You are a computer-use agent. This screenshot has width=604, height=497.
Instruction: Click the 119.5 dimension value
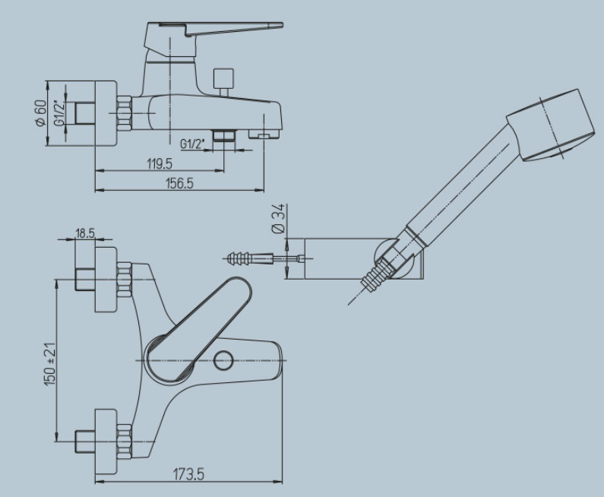[160, 163]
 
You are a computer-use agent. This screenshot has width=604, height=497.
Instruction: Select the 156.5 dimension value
[179, 183]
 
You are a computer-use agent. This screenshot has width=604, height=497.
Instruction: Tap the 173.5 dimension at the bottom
[188, 474]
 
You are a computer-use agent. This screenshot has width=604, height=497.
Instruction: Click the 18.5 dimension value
[85, 233]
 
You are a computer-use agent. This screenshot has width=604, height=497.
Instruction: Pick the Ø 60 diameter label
[40, 112]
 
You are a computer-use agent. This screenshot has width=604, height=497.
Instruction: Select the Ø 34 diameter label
[279, 218]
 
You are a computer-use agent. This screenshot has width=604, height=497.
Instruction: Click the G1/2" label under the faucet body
[191, 144]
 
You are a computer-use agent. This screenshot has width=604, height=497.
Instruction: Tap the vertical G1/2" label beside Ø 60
[59, 112]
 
